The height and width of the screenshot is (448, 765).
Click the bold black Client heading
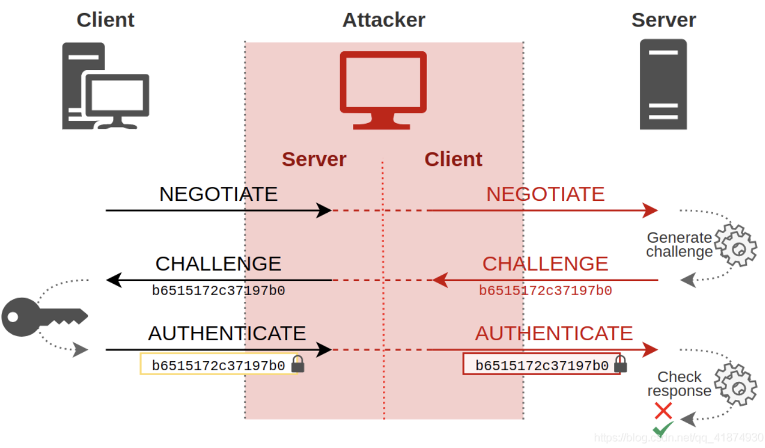105,20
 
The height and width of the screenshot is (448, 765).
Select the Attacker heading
384,20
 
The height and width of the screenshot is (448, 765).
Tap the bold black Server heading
663,20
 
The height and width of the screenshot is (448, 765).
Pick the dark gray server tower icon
663,85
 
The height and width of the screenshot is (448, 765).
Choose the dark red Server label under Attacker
314,159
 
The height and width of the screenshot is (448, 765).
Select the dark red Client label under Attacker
453,159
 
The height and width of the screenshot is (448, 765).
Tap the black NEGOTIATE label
218,194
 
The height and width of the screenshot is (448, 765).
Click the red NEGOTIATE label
545,194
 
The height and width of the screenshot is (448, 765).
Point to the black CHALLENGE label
218,264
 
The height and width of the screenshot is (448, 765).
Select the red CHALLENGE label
545,264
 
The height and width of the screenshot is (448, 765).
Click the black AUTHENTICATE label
227,333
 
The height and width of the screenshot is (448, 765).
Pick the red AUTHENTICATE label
553,333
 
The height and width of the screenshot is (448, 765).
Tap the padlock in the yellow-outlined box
298,364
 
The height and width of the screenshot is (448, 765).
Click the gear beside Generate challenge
736,245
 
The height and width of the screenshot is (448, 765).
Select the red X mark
663,411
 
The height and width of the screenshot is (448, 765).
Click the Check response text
679,384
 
